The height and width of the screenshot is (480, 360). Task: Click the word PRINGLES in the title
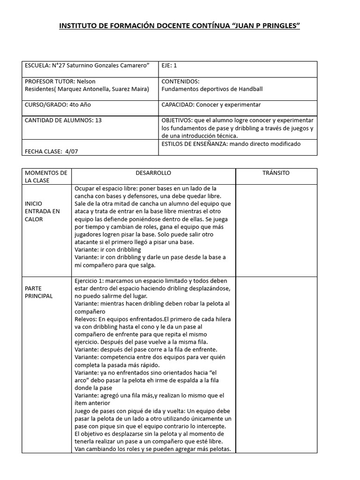[x=279, y=25]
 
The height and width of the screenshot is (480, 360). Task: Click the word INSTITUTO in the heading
[x=77, y=25]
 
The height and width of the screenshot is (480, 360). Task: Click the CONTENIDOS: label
[x=180, y=82]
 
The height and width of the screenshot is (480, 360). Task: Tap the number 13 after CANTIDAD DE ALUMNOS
[x=98, y=120]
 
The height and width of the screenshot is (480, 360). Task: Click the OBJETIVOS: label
[x=177, y=120]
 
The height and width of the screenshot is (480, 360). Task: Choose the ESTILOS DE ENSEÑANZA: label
[x=194, y=144]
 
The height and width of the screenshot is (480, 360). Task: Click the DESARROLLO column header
[x=153, y=173]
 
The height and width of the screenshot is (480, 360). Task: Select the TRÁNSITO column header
[x=276, y=173]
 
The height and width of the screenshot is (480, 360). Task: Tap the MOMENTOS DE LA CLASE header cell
[x=46, y=177]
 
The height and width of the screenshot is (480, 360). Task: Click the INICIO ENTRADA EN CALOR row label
[x=42, y=211]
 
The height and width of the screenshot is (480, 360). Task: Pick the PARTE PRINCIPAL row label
[x=39, y=292]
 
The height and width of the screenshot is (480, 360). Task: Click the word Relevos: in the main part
[x=87, y=319]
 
